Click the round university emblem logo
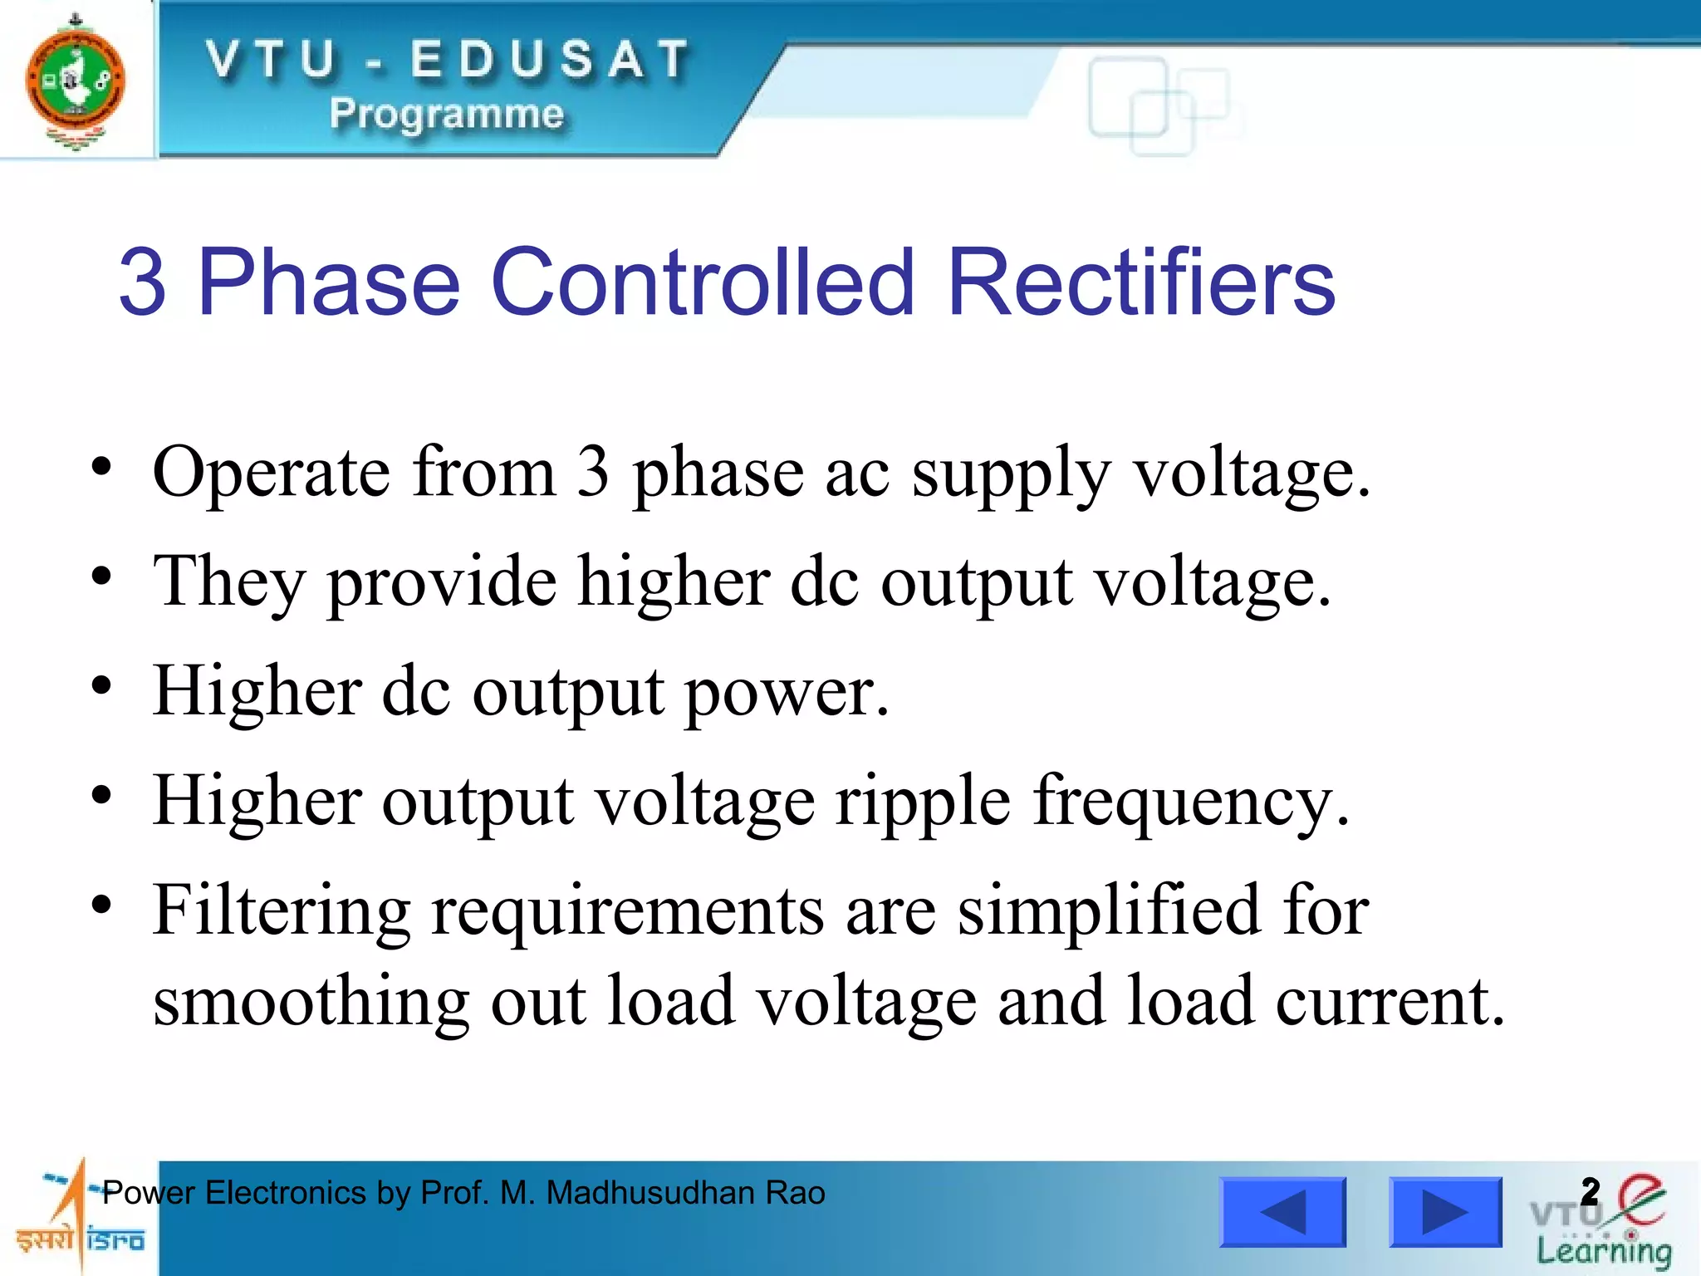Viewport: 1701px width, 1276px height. [76, 81]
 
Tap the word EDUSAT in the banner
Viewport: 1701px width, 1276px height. [550, 60]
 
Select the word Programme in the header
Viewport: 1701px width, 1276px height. [447, 113]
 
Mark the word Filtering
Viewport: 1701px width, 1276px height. [282, 911]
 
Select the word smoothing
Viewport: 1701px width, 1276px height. [311, 1003]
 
